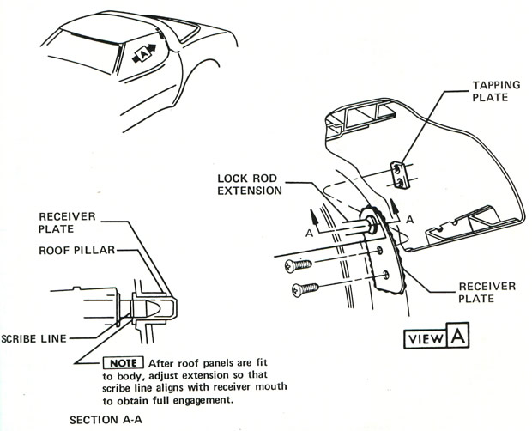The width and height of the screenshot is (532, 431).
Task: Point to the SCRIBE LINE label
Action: coord(35,338)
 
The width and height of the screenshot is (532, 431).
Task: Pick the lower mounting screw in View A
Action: coord(305,289)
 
